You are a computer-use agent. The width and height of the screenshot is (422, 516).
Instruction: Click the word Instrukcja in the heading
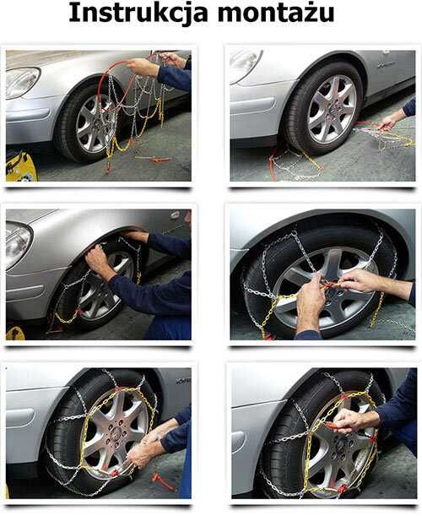pyautogui.click(x=138, y=14)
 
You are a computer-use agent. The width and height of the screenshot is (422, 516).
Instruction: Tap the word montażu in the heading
pyautogui.click(x=276, y=14)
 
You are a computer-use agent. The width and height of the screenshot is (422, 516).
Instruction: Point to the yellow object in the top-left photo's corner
pyautogui.click(x=20, y=166)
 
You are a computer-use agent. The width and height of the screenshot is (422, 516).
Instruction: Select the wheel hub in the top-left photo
pyautogui.click(x=97, y=122)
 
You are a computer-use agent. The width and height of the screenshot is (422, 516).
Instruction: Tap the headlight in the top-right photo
pyautogui.click(x=245, y=66)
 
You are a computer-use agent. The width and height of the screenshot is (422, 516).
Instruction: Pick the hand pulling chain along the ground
pyautogui.click(x=389, y=122)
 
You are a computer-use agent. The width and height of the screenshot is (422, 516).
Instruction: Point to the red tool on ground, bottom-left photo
pyautogui.click(x=162, y=481)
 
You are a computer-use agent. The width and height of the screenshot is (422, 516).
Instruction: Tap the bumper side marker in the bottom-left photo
pyautogui.click(x=20, y=417)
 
